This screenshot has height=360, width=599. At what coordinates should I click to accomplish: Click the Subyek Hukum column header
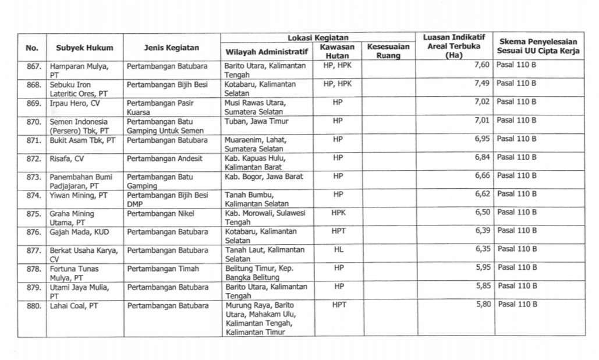84,48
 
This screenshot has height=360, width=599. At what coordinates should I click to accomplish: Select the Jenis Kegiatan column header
171,48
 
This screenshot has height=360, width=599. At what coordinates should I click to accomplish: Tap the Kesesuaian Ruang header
388,51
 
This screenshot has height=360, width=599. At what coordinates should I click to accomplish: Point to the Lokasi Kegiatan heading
317,37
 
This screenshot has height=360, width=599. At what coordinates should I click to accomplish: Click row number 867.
34,66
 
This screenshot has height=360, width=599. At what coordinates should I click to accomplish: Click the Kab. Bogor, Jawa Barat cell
264,176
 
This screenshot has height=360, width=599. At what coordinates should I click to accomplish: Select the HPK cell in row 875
338,213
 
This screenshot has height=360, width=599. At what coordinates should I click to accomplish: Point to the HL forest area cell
338,249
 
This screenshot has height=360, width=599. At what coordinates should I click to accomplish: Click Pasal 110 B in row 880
517,304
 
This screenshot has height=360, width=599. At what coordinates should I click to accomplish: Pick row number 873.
34,176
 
